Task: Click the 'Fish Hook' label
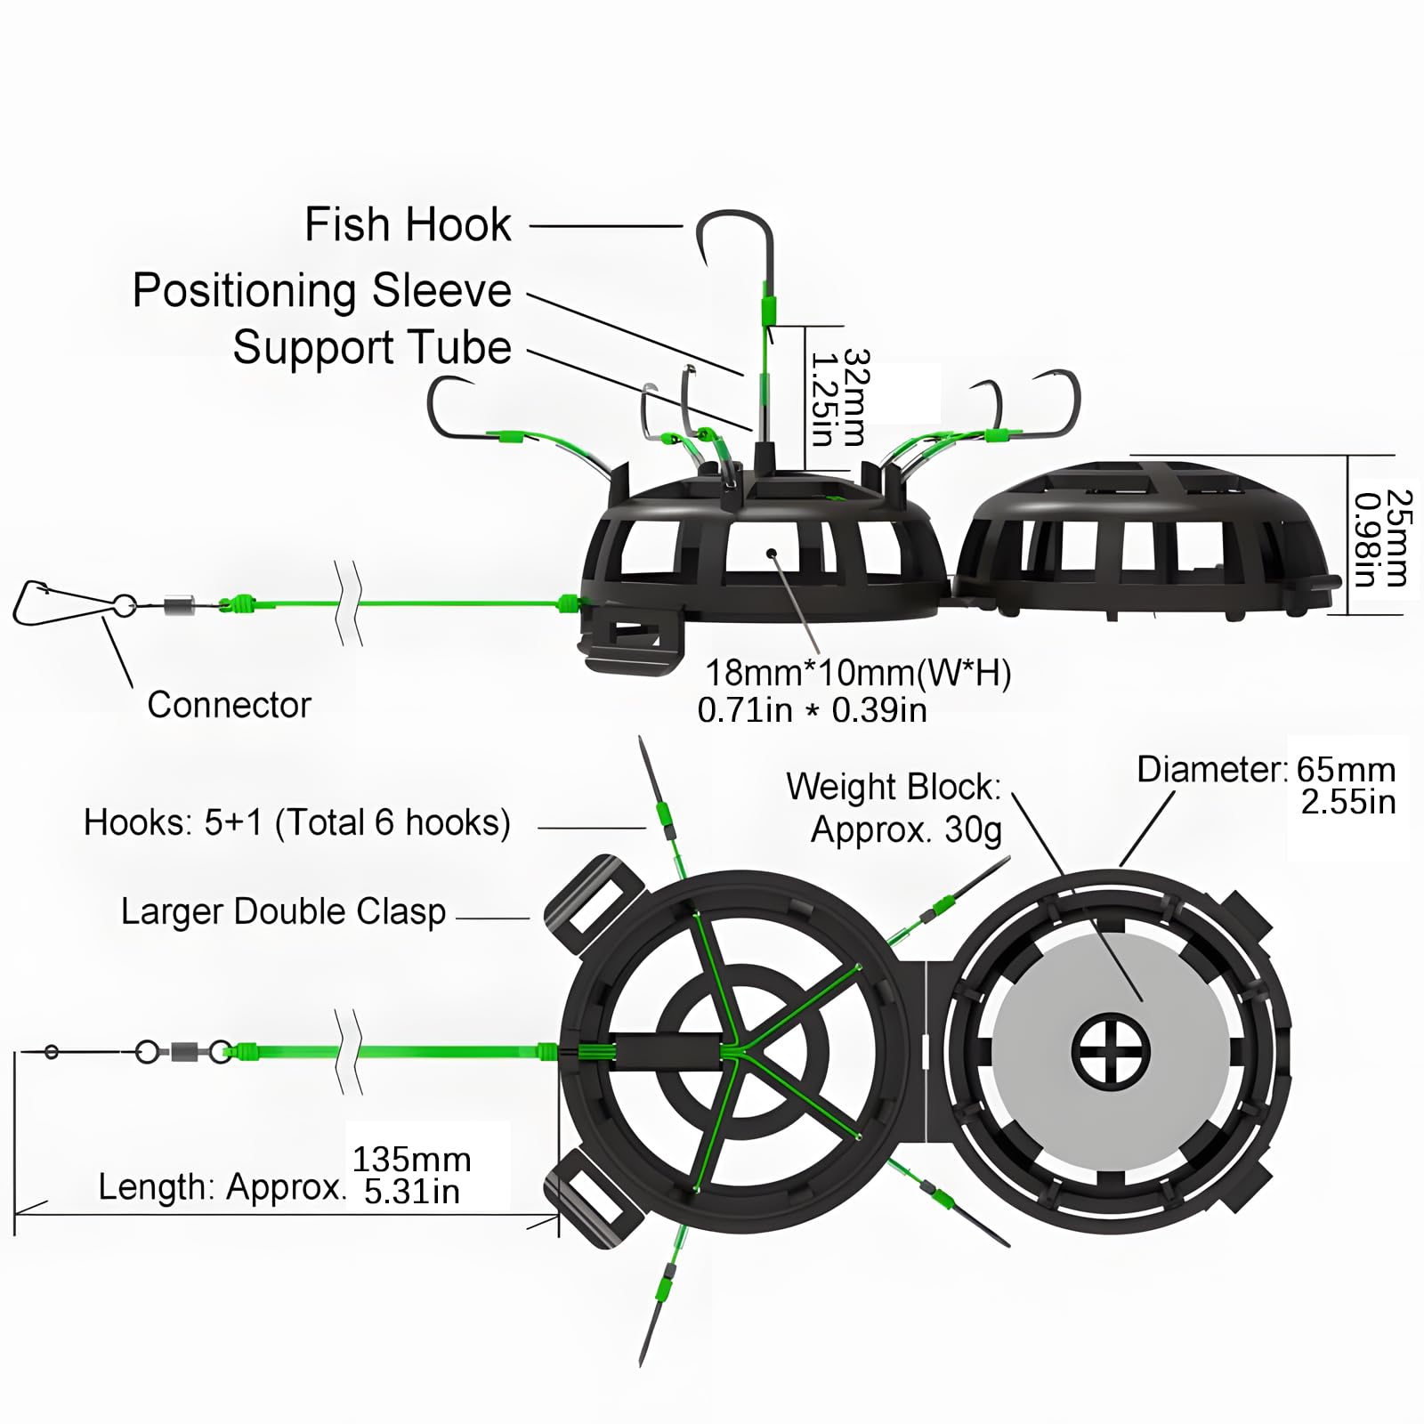click(x=408, y=224)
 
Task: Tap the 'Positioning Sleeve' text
click(x=322, y=291)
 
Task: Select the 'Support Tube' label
click(x=372, y=347)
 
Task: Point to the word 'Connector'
click(x=229, y=705)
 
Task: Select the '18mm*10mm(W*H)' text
click(x=858, y=674)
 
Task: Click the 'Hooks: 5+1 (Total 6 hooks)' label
click(x=296, y=823)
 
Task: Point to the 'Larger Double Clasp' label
click(x=283, y=912)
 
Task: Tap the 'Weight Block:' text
click(x=894, y=788)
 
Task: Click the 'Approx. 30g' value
click(x=906, y=829)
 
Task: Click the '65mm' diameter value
click(x=1346, y=770)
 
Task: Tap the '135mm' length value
click(x=411, y=1160)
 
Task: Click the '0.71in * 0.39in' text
click(x=812, y=710)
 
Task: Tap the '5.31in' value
click(x=411, y=1193)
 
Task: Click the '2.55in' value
click(x=1347, y=803)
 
